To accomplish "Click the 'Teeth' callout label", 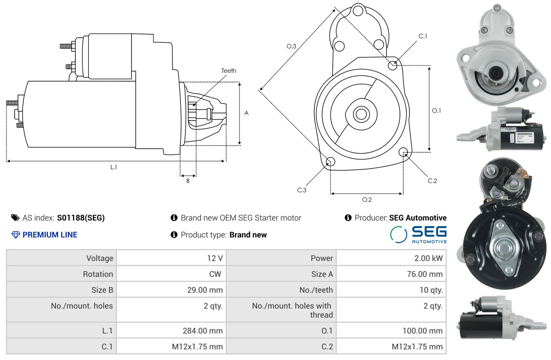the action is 229,71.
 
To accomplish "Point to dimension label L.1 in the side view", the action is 113,167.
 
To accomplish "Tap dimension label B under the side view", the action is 188,181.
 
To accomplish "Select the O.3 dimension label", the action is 291,46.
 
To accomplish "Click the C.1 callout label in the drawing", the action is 422,36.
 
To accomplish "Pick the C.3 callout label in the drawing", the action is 301,190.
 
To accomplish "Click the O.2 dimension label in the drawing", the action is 367,200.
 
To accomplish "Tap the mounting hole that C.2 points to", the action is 403,152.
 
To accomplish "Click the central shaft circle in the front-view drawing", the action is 361,114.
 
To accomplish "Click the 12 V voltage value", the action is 215,258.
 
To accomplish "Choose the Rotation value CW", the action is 215,274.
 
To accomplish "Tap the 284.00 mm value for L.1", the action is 203,331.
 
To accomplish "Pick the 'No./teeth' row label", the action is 316,290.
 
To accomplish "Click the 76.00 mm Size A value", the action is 425,274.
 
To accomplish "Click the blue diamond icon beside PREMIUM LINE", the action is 16,235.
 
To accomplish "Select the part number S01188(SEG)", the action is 81,218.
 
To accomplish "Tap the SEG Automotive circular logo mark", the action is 399,234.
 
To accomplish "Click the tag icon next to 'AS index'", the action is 15,218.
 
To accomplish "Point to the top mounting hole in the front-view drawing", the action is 358,11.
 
